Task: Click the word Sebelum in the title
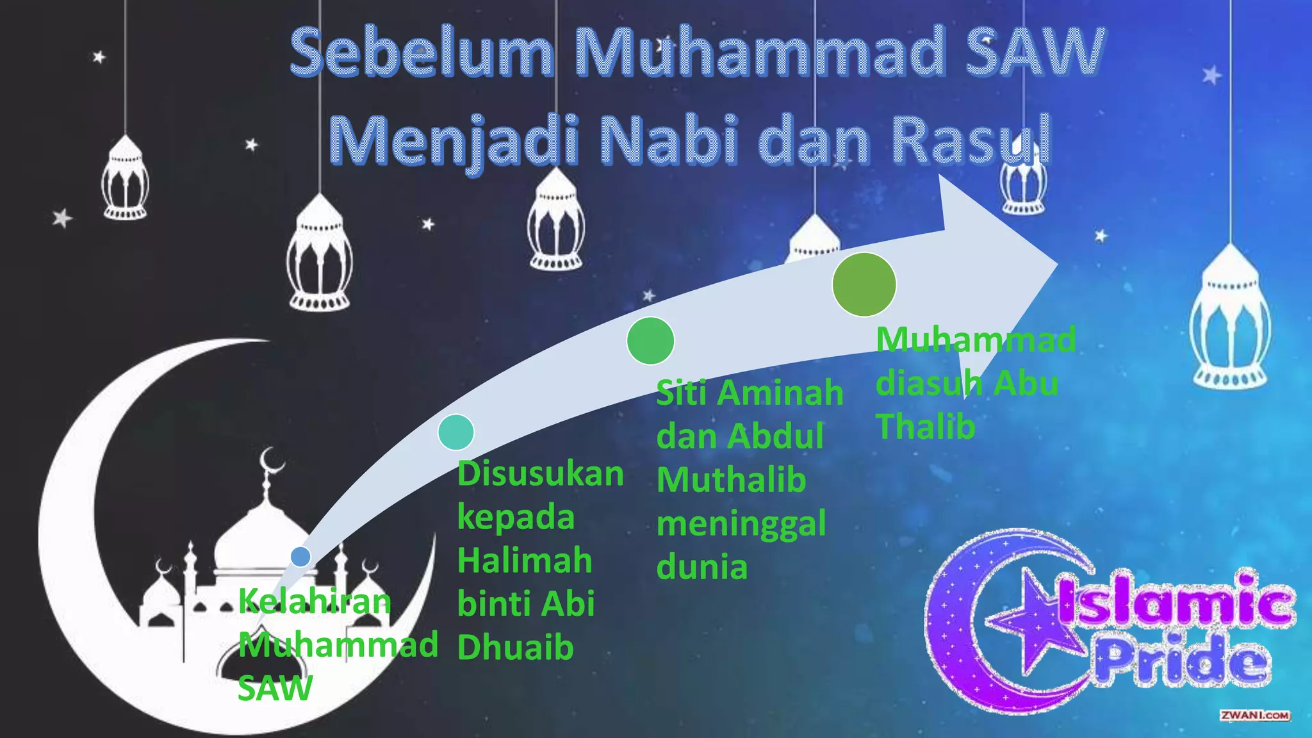point(422,53)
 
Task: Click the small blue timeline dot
point(300,556)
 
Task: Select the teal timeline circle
point(455,432)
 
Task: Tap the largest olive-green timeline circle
point(864,284)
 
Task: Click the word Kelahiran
point(314,602)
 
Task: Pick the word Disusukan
point(540,474)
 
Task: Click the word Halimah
point(525,561)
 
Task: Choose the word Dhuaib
point(515,648)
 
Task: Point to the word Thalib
point(925,427)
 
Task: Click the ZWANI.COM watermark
point(1254,716)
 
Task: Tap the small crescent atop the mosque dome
point(272,460)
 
